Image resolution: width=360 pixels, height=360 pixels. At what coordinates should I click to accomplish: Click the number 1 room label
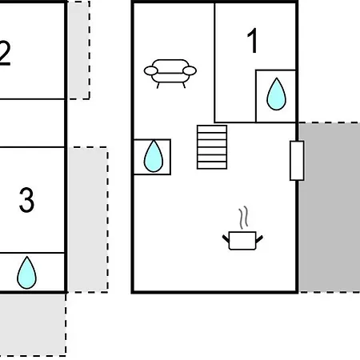point(252,41)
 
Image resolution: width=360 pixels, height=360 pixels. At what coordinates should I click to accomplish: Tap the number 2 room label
point(5,54)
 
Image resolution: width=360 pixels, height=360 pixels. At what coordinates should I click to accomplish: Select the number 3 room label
point(26,200)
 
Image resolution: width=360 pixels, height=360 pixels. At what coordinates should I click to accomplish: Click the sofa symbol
point(170,74)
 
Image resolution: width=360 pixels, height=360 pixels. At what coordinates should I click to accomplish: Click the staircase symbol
point(212,147)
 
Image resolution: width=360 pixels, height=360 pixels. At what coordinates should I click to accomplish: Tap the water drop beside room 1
point(276,94)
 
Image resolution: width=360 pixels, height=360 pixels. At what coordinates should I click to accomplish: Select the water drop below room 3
point(26,273)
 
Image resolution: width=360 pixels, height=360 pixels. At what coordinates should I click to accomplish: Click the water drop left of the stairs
point(154,156)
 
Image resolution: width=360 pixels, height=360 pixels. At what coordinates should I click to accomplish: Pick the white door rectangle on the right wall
point(297,161)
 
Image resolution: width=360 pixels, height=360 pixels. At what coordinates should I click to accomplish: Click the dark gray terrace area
point(330,207)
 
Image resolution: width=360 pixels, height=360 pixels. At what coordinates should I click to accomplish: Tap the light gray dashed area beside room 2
point(79,50)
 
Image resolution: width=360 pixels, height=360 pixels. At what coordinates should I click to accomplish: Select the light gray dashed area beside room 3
point(88,219)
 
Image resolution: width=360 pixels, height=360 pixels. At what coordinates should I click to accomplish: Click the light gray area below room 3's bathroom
point(33,325)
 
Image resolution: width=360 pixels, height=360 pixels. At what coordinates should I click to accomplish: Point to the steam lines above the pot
point(243,218)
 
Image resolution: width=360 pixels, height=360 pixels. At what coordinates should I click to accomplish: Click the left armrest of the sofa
point(151,71)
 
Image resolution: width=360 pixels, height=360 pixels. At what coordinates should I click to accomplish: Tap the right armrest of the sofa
point(190,71)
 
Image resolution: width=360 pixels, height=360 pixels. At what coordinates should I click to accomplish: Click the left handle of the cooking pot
point(226,238)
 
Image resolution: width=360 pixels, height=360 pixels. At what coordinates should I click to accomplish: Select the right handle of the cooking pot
point(259,239)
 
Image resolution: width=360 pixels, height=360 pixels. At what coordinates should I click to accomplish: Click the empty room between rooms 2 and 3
point(32,123)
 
